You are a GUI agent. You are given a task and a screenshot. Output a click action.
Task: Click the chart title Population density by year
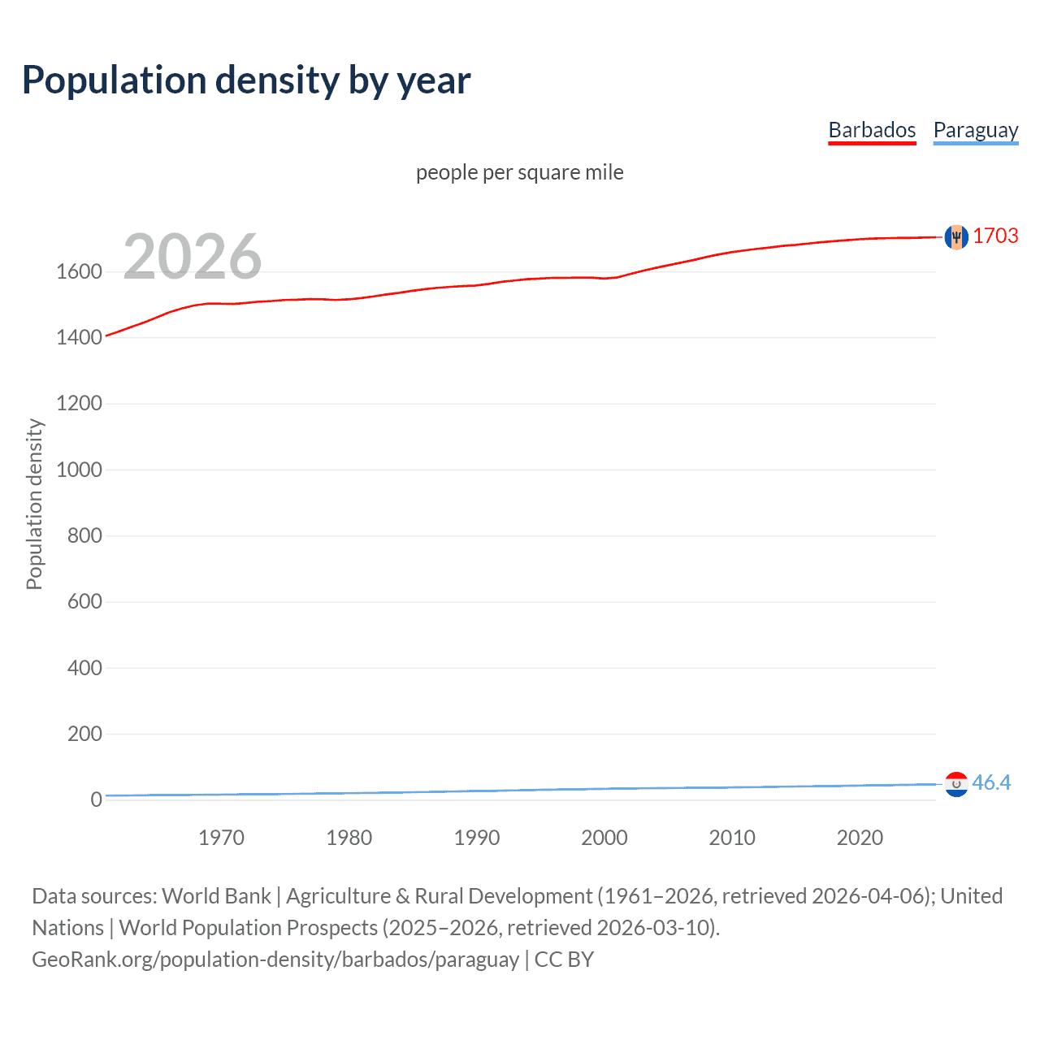[246, 80]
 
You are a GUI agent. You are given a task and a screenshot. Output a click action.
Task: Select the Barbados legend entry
[872, 130]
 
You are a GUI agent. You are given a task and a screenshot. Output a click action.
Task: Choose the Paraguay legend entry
[975, 130]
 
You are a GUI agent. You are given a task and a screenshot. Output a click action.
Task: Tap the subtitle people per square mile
[520, 172]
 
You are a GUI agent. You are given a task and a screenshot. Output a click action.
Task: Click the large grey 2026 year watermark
[193, 257]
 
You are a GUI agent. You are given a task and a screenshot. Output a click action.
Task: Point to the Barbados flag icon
[956, 236]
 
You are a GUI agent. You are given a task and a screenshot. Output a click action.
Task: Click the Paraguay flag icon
[956, 784]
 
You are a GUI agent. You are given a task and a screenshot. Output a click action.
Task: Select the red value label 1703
[995, 236]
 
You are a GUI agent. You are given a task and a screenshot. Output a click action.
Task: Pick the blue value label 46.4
[991, 782]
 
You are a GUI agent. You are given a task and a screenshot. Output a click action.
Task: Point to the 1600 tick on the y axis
[79, 271]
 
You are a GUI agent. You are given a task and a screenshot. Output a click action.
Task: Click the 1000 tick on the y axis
[79, 470]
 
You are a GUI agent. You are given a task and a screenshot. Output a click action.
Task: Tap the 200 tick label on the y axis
[84, 734]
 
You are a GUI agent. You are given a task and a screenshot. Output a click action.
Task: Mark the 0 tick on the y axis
[97, 799]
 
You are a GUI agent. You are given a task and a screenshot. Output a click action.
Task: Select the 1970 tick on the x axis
[221, 838]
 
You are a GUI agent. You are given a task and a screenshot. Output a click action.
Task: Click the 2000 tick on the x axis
[604, 838]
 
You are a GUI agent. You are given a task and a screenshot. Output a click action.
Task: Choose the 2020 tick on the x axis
[860, 838]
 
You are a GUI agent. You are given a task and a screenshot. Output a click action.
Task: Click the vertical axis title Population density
[34, 504]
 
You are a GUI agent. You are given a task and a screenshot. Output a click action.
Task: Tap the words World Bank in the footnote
[216, 896]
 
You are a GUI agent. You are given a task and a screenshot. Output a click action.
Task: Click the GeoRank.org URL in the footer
[275, 960]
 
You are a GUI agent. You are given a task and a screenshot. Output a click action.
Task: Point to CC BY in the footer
[564, 960]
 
